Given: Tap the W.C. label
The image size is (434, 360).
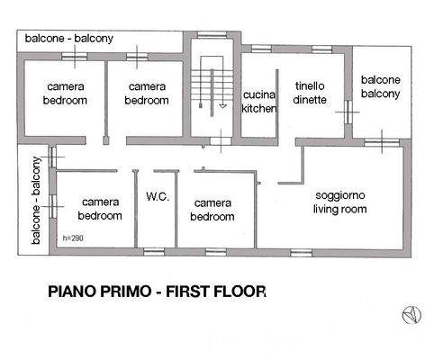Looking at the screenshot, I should (x=158, y=197).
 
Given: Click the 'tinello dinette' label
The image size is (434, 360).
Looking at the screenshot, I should (x=310, y=93).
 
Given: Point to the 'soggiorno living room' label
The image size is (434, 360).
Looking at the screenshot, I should (x=339, y=202).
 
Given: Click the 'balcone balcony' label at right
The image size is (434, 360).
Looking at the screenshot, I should (x=381, y=87).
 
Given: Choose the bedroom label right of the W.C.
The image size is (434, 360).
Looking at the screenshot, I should (x=213, y=210).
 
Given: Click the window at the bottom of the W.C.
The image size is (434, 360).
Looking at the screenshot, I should (x=156, y=250).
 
